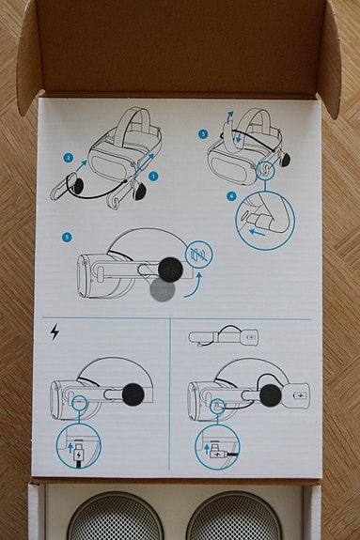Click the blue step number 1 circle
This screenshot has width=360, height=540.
(153, 176)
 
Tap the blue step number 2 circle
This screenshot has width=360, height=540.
(69, 159)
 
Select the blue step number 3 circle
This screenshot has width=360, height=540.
(204, 134)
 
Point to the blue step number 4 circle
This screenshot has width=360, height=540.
(230, 196)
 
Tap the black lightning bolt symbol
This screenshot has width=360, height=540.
(54, 332)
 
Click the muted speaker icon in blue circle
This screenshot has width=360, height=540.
(198, 255)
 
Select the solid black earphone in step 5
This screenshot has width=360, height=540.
(170, 270)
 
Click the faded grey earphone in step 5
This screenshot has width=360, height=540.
(163, 290)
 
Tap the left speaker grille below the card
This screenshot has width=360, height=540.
(116, 518)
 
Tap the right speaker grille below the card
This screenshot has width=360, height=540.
(234, 518)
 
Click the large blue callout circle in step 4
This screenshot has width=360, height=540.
(265, 219)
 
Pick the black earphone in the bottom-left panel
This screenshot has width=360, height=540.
(133, 394)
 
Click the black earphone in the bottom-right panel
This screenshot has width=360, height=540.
(270, 395)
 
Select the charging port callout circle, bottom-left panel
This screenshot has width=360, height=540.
(79, 448)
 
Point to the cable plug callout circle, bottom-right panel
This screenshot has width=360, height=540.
(217, 448)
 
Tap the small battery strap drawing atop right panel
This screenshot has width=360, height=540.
(224, 335)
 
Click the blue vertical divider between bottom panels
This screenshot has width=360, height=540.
(170, 394)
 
